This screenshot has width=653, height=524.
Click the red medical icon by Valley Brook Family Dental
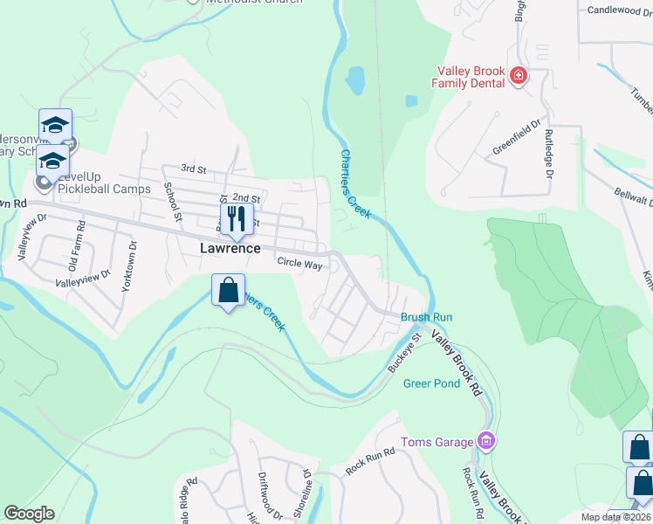pos(519,76)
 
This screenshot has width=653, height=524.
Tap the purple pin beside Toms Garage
pos(486,441)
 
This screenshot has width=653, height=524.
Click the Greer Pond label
pos(430,383)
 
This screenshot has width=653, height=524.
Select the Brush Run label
pos(427,317)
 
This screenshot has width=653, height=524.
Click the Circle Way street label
pos(299,262)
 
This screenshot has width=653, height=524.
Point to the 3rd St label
pos(192,168)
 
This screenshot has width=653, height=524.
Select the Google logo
pos(29,514)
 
